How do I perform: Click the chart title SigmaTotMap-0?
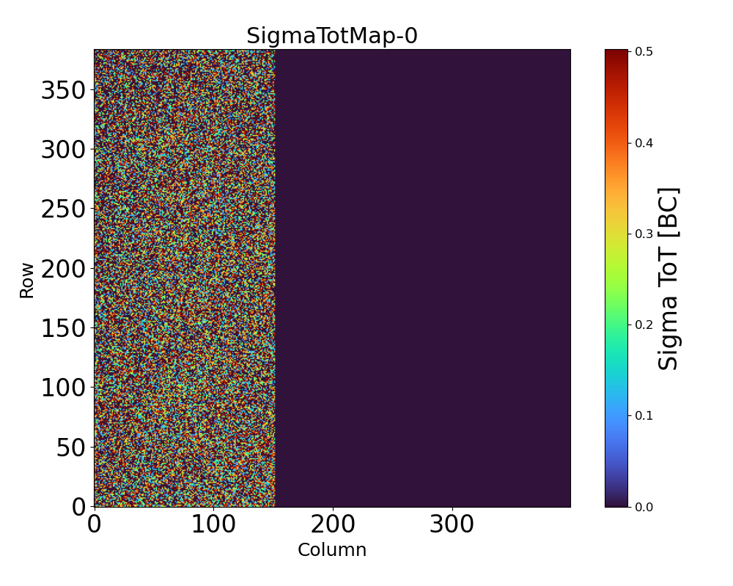tap(331, 36)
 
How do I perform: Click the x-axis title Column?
tap(331, 550)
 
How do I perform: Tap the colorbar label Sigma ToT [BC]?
tap(668, 278)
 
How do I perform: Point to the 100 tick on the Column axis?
tap(213, 524)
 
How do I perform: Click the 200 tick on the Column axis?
tap(333, 524)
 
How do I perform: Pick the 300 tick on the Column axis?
tap(452, 524)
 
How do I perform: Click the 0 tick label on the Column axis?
tap(95, 524)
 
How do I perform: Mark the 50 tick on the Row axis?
tap(72, 447)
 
